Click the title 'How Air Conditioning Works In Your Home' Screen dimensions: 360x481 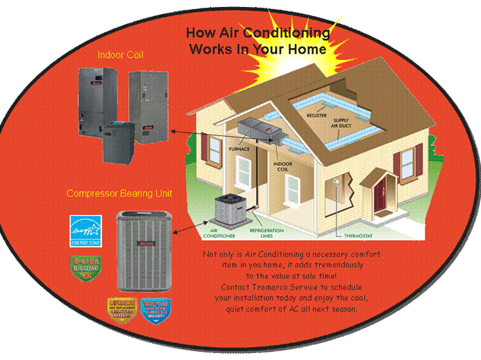[x=258, y=40]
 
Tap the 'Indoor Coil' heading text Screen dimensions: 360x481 [x=120, y=55]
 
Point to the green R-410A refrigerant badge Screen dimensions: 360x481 [x=86, y=268]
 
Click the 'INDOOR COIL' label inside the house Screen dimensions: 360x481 [x=282, y=167]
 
